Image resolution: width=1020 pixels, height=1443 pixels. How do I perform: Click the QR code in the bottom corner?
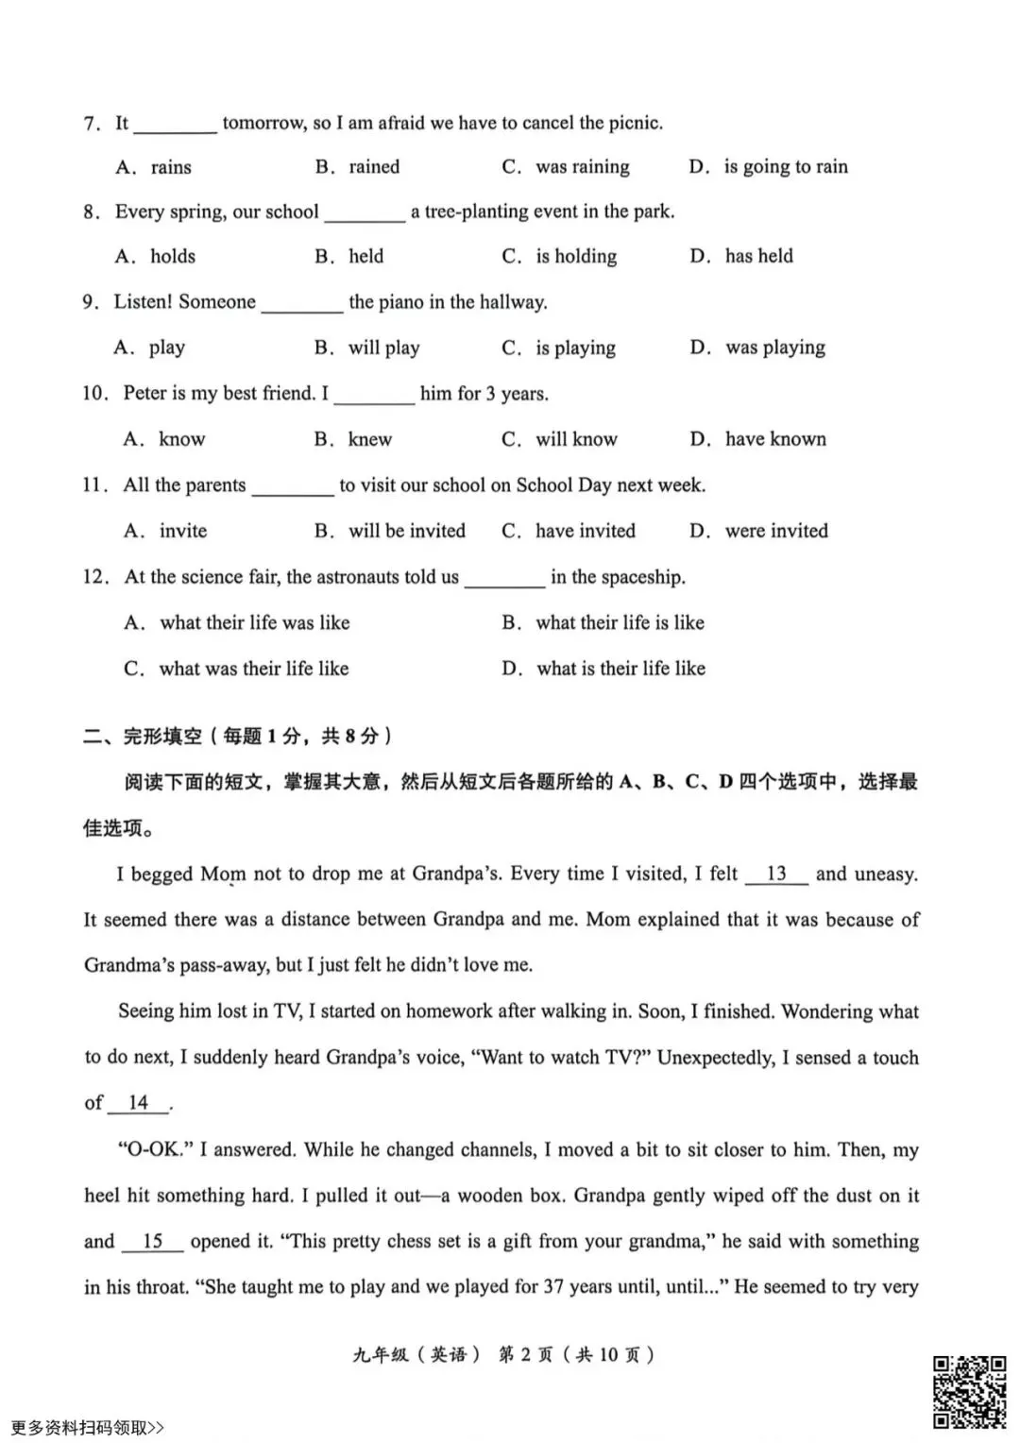(x=969, y=1392)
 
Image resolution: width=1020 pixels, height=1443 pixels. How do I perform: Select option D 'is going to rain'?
(x=785, y=167)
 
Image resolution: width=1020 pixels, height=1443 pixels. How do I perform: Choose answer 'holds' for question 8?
(x=172, y=256)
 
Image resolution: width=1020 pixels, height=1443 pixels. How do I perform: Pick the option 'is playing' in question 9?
(x=575, y=348)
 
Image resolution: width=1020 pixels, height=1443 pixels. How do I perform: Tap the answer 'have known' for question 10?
(x=774, y=439)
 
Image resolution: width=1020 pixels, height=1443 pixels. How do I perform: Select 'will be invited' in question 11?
(x=406, y=531)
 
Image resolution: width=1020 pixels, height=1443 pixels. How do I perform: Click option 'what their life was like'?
(x=254, y=622)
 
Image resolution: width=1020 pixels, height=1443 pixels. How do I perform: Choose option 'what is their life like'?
(x=620, y=669)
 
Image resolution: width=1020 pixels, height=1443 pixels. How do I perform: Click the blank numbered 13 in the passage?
(x=776, y=874)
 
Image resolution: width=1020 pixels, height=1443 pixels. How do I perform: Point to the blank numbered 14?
(x=138, y=1103)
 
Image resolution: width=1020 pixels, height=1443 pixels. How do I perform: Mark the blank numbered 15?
(x=152, y=1241)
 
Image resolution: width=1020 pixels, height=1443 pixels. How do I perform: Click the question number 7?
(x=91, y=123)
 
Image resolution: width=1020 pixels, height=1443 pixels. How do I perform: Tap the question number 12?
(x=95, y=577)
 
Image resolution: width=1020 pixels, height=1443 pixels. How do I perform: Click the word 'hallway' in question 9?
(x=512, y=302)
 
